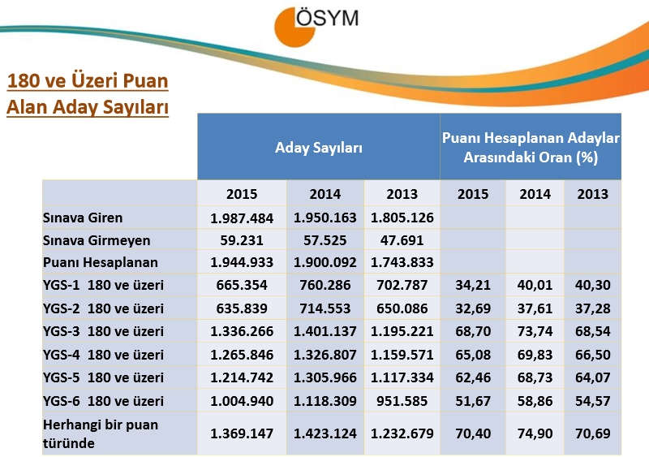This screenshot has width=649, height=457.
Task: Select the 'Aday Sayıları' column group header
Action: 318,148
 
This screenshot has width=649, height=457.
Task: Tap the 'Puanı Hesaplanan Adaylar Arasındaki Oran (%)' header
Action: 531,148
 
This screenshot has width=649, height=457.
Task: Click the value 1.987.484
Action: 242,218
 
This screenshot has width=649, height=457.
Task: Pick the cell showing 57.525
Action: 324,241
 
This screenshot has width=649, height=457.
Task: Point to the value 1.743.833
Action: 402,263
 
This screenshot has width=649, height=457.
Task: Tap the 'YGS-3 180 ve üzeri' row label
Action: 103,331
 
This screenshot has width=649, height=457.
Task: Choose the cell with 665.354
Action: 242,286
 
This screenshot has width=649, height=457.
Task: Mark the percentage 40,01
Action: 535,286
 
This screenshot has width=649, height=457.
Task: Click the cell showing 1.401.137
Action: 324,331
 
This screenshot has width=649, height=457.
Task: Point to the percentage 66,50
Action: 592,355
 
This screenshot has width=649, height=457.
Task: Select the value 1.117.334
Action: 402,378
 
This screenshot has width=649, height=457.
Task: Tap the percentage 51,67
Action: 473,402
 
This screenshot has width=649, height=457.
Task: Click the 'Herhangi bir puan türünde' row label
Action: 89,433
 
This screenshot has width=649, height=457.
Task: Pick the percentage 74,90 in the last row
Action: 535,433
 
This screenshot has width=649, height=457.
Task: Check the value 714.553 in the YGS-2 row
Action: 324,308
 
